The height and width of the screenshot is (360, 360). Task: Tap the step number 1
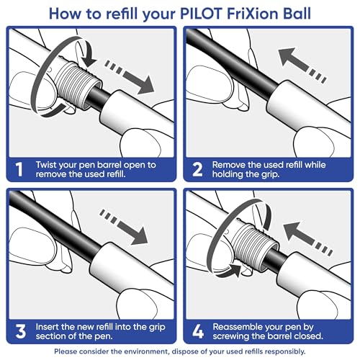click(x=21, y=170)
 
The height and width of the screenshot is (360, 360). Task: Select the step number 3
click(x=21, y=330)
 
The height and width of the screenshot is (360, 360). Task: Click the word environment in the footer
click(x=177, y=352)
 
